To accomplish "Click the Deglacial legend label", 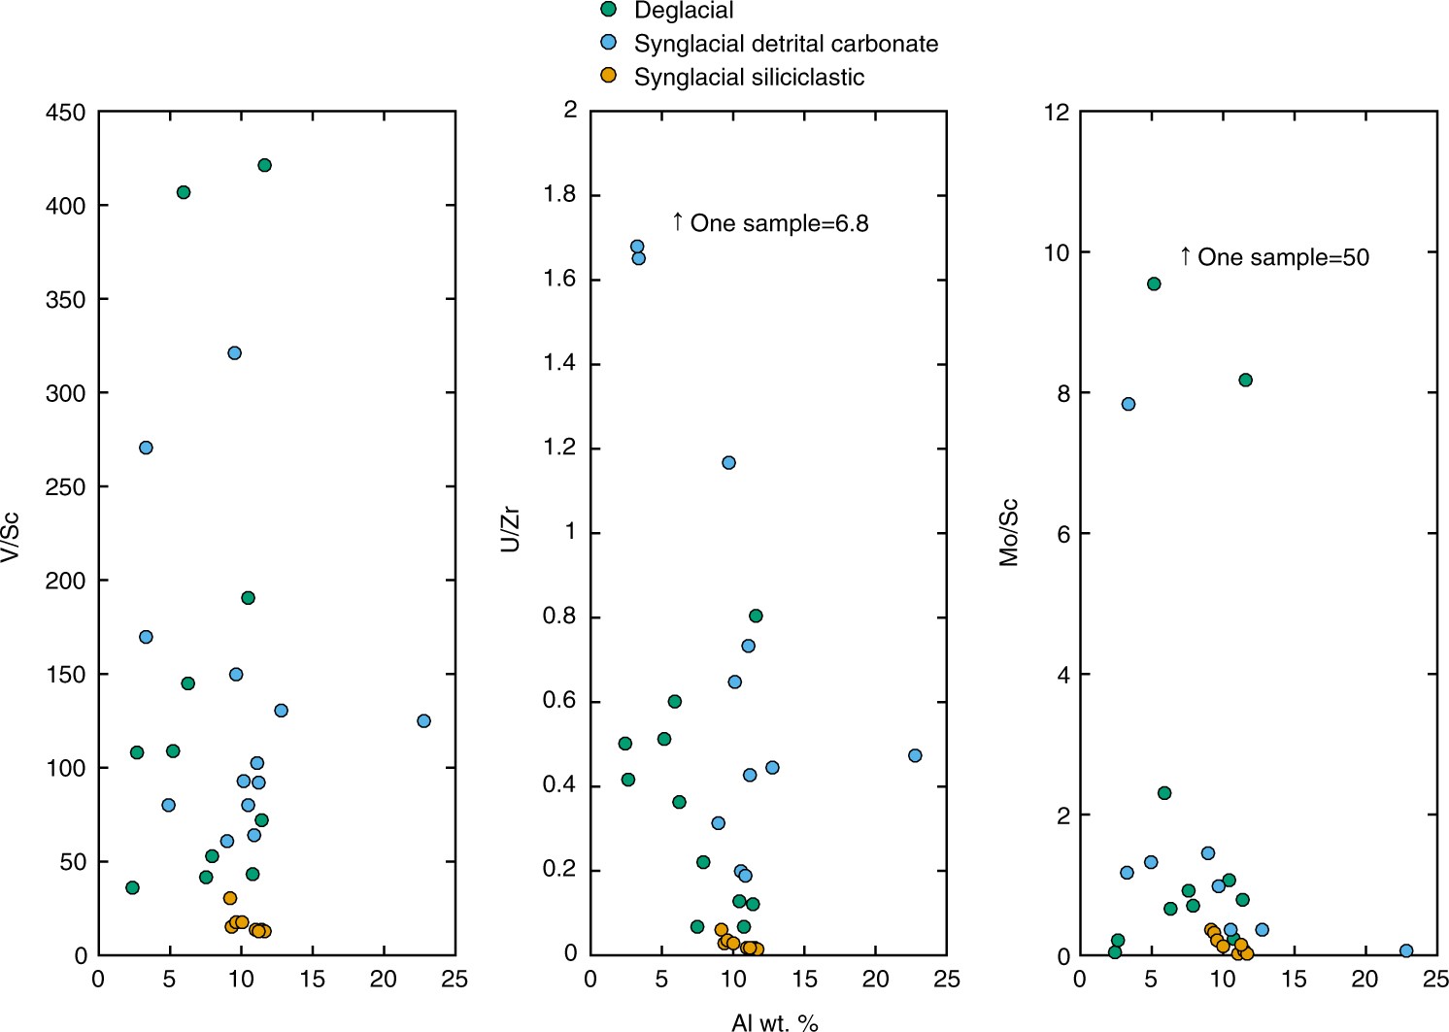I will point(684,11).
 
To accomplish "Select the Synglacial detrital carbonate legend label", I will point(786,44).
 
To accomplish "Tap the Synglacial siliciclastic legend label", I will point(749,77).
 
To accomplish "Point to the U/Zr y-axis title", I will point(510,529).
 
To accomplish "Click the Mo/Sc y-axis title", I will point(1009,532).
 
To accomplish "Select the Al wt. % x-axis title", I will point(774,1021).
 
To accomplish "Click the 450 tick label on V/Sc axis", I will point(66,113).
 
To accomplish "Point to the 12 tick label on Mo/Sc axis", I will point(1056,113).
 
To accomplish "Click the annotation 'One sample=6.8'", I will point(779,223).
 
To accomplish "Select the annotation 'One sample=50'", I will point(1283,257).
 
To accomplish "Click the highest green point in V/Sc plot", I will point(264,165).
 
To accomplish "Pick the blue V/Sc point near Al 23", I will point(423,720).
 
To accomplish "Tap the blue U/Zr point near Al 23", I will point(915,755).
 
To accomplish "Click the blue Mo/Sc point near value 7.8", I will point(1128,404).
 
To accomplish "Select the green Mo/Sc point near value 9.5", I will point(1154,283).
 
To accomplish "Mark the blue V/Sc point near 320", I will point(234,352).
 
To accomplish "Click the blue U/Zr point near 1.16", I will point(728,462).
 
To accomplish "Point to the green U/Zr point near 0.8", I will point(756,616).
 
